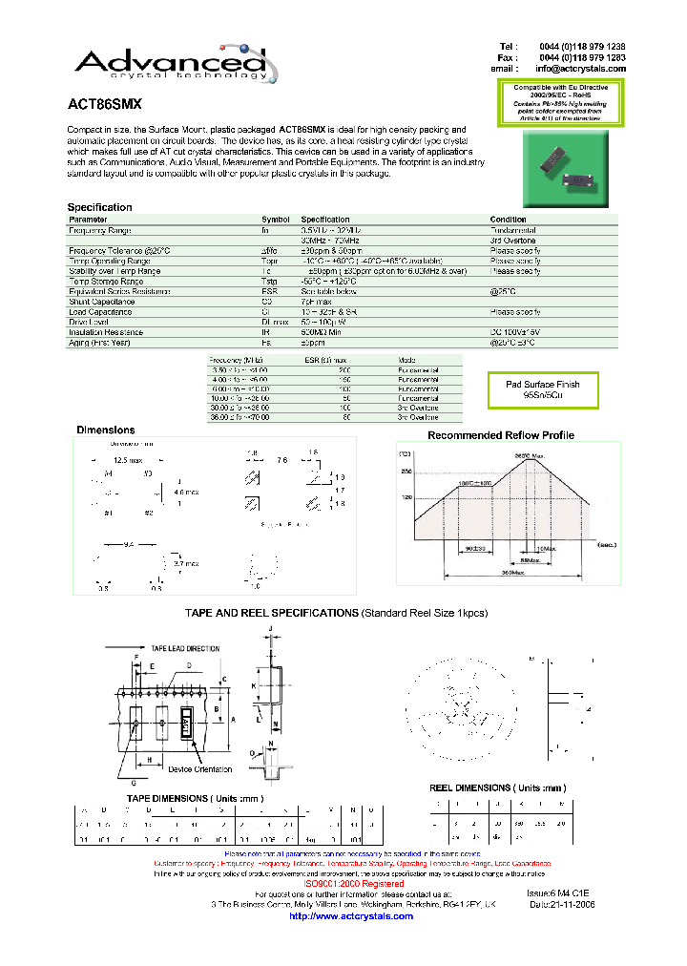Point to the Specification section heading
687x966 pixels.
coord(99,207)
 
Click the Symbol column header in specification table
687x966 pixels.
coord(275,220)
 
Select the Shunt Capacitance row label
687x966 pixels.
coord(103,302)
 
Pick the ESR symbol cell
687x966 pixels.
coord(268,291)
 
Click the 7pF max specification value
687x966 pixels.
coord(320,302)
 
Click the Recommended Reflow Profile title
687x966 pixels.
coord(500,435)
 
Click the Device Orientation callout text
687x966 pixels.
coord(199,769)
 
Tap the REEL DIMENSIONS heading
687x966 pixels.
coord(497,787)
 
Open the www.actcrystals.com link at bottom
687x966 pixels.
coord(350,916)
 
